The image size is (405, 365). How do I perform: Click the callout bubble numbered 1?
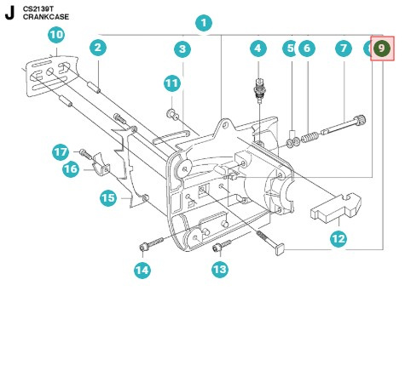(x=203, y=23)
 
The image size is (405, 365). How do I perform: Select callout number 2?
(x=98, y=48)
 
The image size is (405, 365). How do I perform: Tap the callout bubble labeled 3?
(x=182, y=49)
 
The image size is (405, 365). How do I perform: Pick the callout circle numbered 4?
(x=258, y=49)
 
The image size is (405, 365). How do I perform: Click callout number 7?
(x=344, y=49)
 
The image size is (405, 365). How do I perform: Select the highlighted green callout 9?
(x=382, y=49)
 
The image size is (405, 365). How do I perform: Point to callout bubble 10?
(x=56, y=36)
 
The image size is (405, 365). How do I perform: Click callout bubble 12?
(x=338, y=239)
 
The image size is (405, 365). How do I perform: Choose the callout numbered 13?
(x=220, y=269)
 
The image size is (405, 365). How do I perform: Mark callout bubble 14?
(x=142, y=271)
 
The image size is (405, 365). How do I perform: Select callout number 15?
(x=108, y=198)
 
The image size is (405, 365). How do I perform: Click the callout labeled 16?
(x=72, y=169)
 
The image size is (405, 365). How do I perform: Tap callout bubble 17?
(x=61, y=151)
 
